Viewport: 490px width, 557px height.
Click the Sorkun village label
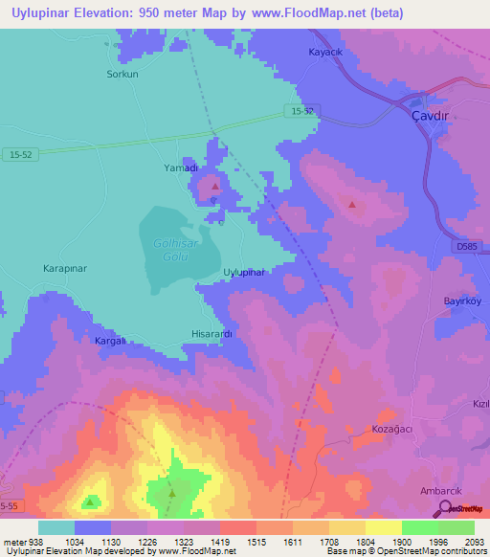point(122,74)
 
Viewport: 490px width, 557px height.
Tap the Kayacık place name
point(325,52)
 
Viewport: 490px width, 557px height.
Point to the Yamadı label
point(180,167)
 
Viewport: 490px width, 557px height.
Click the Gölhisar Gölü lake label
point(177,249)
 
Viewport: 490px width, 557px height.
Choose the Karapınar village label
point(67,270)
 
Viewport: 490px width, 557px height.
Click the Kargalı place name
point(110,341)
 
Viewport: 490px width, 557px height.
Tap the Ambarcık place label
point(441,491)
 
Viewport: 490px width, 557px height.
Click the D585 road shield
point(467,247)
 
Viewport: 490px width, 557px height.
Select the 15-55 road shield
point(9,504)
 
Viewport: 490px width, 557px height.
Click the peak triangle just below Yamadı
point(215,186)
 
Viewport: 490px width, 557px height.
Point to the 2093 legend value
point(460,542)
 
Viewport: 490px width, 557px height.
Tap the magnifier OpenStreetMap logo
point(446,510)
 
